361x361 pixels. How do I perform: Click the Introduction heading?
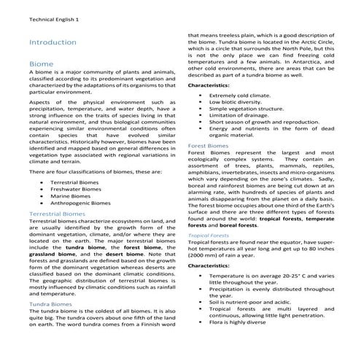point(53,43)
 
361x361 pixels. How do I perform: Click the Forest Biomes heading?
point(208,145)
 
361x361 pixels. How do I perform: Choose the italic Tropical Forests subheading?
point(209,236)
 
